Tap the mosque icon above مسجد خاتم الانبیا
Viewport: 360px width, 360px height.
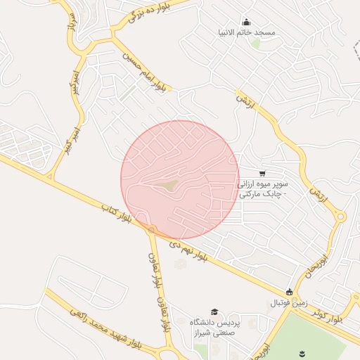246,22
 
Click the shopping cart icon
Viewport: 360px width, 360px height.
262,174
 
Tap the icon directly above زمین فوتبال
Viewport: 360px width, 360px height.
289,292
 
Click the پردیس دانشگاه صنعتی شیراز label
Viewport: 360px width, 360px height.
216,327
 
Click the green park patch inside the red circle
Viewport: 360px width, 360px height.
167,185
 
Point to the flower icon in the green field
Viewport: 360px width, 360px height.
302,351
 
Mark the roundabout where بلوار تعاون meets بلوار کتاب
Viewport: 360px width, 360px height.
151,229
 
